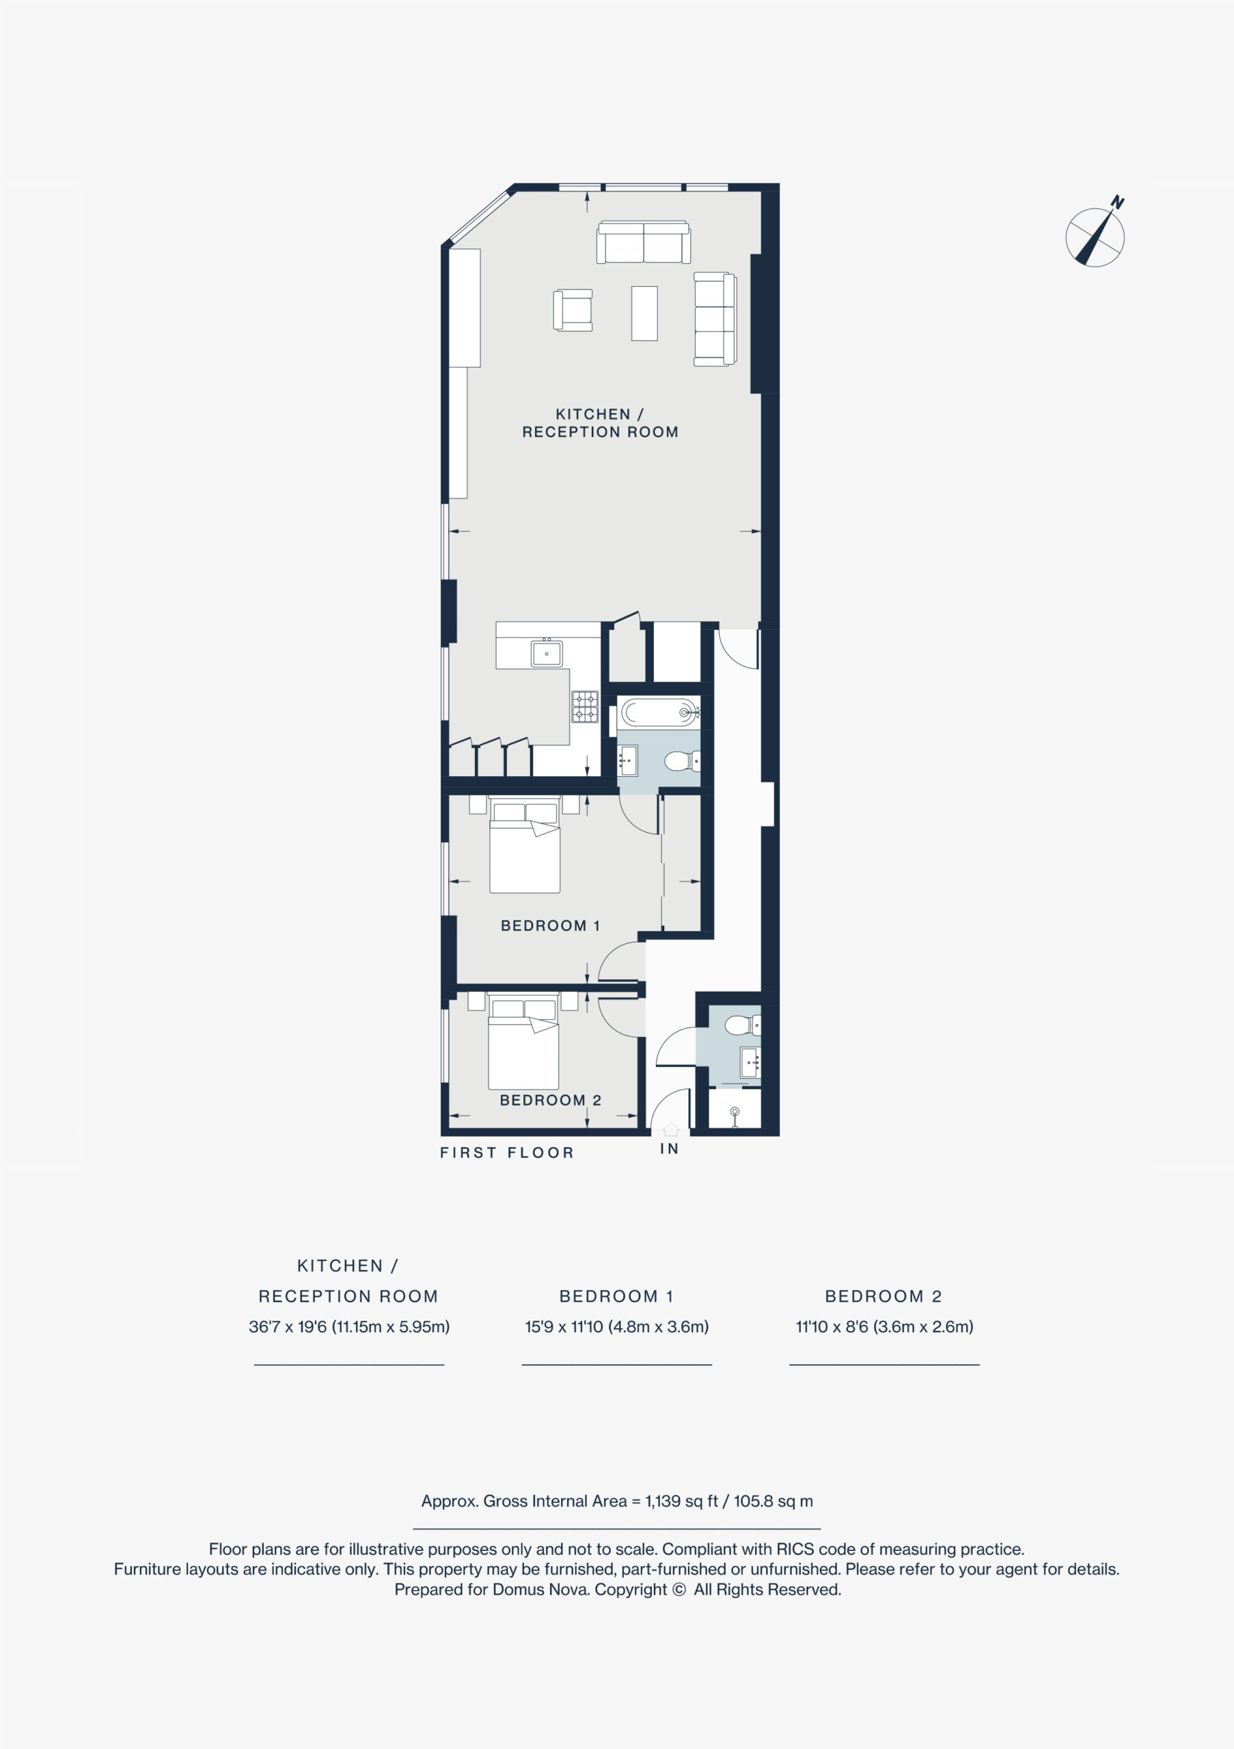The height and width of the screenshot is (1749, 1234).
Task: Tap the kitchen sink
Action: coord(546,653)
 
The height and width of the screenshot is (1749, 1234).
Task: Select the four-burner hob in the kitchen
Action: coord(585,706)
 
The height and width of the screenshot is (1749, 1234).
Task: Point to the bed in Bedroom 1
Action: coord(525,845)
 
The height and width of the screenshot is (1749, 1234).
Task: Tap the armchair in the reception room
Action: coord(573,310)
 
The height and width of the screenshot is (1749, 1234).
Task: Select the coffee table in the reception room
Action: coord(644,313)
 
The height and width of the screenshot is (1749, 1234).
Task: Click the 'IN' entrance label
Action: coord(670,1148)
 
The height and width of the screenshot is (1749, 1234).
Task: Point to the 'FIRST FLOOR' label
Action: coord(506,1153)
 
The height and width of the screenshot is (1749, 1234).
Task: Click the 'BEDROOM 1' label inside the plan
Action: coord(550,926)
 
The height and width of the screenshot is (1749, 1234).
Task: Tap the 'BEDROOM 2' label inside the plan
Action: coord(550,1100)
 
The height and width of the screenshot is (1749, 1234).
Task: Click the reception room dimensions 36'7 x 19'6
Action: coord(287,1326)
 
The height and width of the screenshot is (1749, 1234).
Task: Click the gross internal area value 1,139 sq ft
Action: coord(682,1501)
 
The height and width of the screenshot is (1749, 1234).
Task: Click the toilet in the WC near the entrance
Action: coord(741,1025)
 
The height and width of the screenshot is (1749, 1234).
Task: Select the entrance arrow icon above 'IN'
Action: coord(670,1129)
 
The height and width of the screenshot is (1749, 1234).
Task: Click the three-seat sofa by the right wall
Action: coord(715,319)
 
